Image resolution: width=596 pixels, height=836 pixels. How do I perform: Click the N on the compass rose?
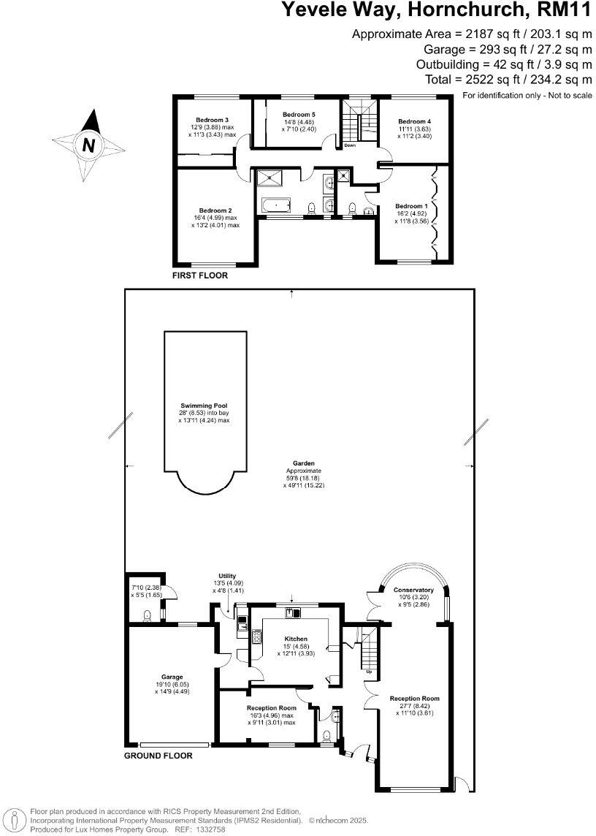click(89, 145)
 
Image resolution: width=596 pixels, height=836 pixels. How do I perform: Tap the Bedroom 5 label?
click(299, 115)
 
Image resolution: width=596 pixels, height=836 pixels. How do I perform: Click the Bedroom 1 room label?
click(410, 206)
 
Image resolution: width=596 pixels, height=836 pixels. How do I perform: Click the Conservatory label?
click(413, 590)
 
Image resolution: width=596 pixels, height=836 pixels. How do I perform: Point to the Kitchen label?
click(295, 639)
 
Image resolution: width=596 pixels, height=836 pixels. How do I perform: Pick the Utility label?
click(227, 576)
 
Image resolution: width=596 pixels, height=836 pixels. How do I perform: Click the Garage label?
click(172, 677)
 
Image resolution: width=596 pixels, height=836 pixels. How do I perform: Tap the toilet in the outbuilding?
click(148, 615)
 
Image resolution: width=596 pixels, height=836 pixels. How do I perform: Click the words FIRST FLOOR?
click(199, 276)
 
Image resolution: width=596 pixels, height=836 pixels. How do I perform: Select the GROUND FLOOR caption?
click(158, 756)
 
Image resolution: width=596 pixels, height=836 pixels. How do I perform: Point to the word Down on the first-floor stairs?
click(350, 145)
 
